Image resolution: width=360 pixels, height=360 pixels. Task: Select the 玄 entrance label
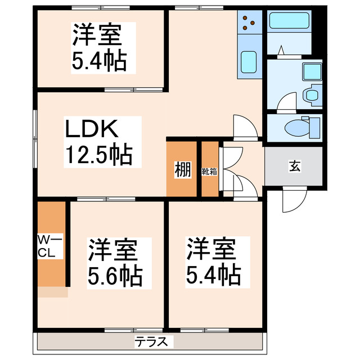294,166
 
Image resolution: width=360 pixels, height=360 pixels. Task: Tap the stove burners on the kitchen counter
249,22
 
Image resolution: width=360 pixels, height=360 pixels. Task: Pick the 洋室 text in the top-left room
96,35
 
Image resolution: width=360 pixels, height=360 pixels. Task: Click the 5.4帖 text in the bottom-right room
214,274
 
